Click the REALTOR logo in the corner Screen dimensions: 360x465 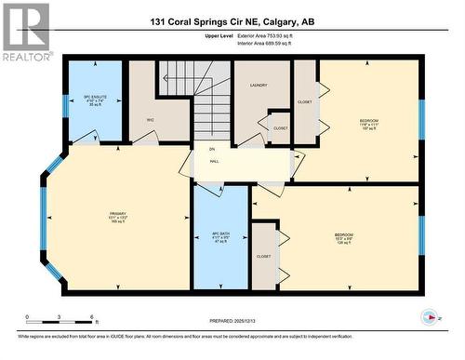(x=26, y=32)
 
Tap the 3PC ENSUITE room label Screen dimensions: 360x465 (x=93, y=100)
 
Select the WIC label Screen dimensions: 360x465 (x=150, y=120)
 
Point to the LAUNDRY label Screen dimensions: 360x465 (x=259, y=85)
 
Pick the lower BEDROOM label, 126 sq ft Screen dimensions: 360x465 (x=343, y=236)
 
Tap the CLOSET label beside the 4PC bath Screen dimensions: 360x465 (x=264, y=256)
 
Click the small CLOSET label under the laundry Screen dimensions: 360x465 (x=281, y=128)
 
